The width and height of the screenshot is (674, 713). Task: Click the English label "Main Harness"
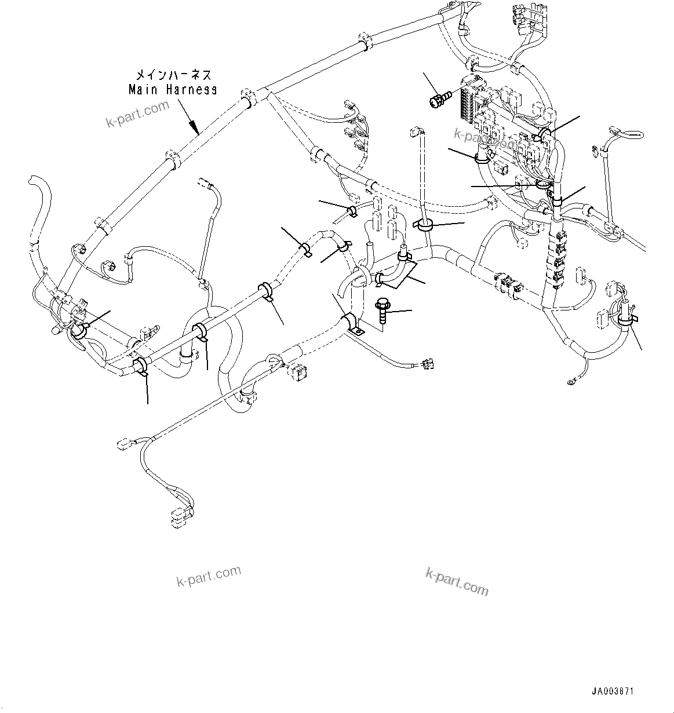point(172,90)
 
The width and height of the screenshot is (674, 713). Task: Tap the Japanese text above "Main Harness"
point(173,75)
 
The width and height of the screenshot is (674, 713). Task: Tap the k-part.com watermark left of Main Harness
point(137,113)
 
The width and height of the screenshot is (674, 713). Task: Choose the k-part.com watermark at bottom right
point(457,581)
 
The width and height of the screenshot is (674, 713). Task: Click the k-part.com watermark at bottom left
point(208,576)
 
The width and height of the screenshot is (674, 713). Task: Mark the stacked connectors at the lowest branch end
point(180,516)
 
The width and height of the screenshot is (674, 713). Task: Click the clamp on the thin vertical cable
point(425,225)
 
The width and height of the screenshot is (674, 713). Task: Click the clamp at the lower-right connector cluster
point(625,318)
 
